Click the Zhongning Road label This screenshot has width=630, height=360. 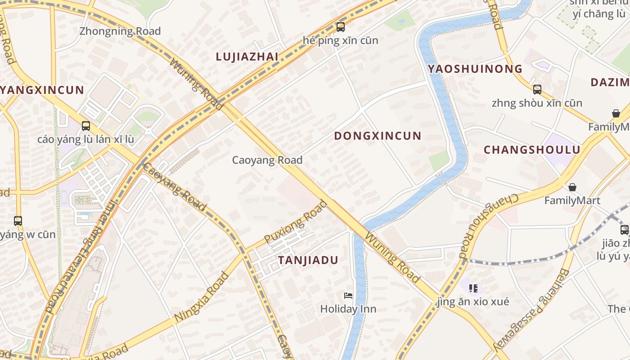pyautogui.click(x=120, y=31)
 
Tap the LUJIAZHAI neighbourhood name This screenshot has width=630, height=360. pyautogui.click(x=247, y=57)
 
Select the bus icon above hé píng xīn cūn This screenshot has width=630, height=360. pyautogui.click(x=341, y=27)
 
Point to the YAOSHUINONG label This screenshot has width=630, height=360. pyautogui.click(x=475, y=69)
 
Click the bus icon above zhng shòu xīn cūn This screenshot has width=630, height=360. pyautogui.click(x=537, y=89)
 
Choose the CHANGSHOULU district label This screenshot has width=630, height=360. pyautogui.click(x=532, y=150)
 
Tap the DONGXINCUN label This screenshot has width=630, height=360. pyautogui.click(x=378, y=136)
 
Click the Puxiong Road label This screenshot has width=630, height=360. pyautogui.click(x=296, y=222)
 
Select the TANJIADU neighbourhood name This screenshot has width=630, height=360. pyautogui.click(x=308, y=261)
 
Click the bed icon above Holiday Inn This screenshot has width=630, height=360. pyautogui.click(x=348, y=296)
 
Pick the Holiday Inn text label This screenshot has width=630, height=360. pyautogui.click(x=348, y=309)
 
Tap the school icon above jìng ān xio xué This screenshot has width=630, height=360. pyautogui.click(x=472, y=288)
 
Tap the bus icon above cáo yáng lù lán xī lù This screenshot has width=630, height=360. pyautogui.click(x=85, y=126)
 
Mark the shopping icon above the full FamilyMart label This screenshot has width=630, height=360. pyautogui.click(x=572, y=187)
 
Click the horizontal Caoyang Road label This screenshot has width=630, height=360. pyautogui.click(x=267, y=160)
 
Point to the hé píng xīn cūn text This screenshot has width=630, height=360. pyautogui.click(x=341, y=40)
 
